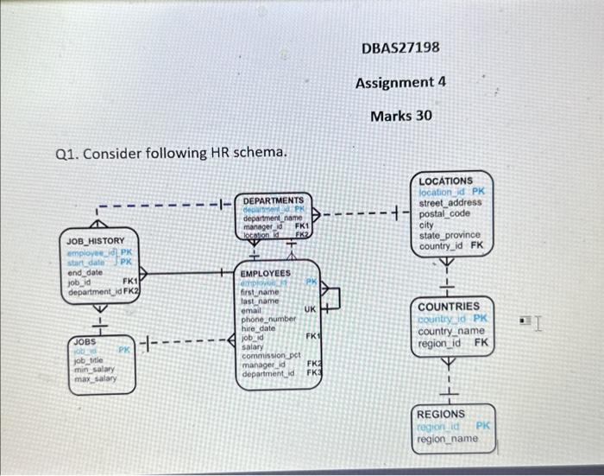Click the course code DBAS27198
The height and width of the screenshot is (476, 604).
point(400,47)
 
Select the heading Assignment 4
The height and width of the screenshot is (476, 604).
point(400,82)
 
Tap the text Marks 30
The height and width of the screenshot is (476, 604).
point(400,116)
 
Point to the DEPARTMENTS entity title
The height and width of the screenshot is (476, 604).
point(273,200)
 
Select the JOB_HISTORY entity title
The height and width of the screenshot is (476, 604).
point(95,240)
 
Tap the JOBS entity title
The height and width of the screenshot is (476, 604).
point(84,342)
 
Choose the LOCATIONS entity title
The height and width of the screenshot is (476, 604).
point(446,181)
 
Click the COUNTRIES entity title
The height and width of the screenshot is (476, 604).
point(448,307)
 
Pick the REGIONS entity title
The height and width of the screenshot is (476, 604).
point(440,414)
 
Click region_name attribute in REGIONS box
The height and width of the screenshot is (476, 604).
point(446,438)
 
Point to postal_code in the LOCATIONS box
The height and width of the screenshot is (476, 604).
point(445,213)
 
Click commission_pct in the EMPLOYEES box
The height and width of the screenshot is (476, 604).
point(271,356)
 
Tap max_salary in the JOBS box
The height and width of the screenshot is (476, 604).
point(94,379)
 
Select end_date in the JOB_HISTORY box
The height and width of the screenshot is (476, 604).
point(85,271)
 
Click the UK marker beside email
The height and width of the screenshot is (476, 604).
point(310,309)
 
